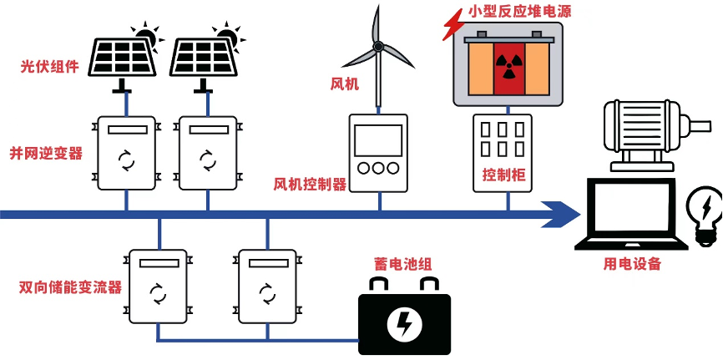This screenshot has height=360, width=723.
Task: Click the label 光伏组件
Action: pyautogui.click(x=49, y=66)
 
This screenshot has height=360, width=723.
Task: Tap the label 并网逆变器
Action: pyautogui.click(x=46, y=154)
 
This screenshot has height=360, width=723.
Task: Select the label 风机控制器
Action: pyautogui.click(x=310, y=184)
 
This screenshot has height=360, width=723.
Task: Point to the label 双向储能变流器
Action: pyautogui.click(x=70, y=287)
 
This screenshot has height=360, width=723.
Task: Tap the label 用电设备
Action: pyautogui.click(x=632, y=264)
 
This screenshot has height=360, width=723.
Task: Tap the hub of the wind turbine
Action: pyautogui.click(x=378, y=46)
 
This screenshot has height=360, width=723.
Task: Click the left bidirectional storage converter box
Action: pyautogui.click(x=158, y=286)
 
